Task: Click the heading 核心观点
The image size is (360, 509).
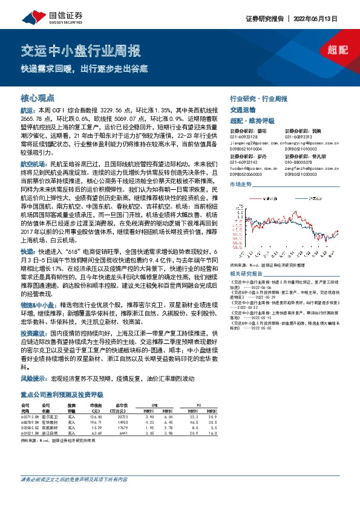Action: pyautogui.click(x=38, y=97)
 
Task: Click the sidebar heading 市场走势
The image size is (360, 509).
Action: pyautogui.click(x=241, y=184)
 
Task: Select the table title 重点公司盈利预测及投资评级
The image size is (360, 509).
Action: pyautogui.click(x=62, y=395)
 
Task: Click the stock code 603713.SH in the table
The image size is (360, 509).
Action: pyautogui.click(x=30, y=417)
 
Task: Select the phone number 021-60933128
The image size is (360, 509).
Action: pyautogui.click(x=244, y=137)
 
